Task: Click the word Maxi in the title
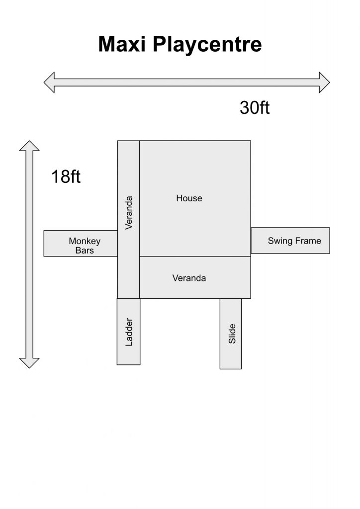(122, 44)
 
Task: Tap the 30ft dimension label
(255, 107)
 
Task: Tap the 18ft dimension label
(66, 176)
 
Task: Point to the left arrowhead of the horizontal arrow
(49, 83)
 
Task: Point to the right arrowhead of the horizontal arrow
(325, 83)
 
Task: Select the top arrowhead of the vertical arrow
(29, 146)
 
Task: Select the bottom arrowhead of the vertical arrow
(29, 363)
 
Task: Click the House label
(189, 198)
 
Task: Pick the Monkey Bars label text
(85, 246)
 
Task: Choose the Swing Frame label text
(294, 241)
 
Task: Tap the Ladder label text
(129, 332)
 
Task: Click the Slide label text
(232, 334)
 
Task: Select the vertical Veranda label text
(129, 213)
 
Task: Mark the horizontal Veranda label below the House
(189, 278)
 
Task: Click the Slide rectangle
(231, 334)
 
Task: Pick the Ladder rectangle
(129, 332)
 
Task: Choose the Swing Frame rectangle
(290, 241)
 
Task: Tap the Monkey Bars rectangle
(81, 244)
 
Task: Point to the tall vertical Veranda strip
(129, 219)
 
